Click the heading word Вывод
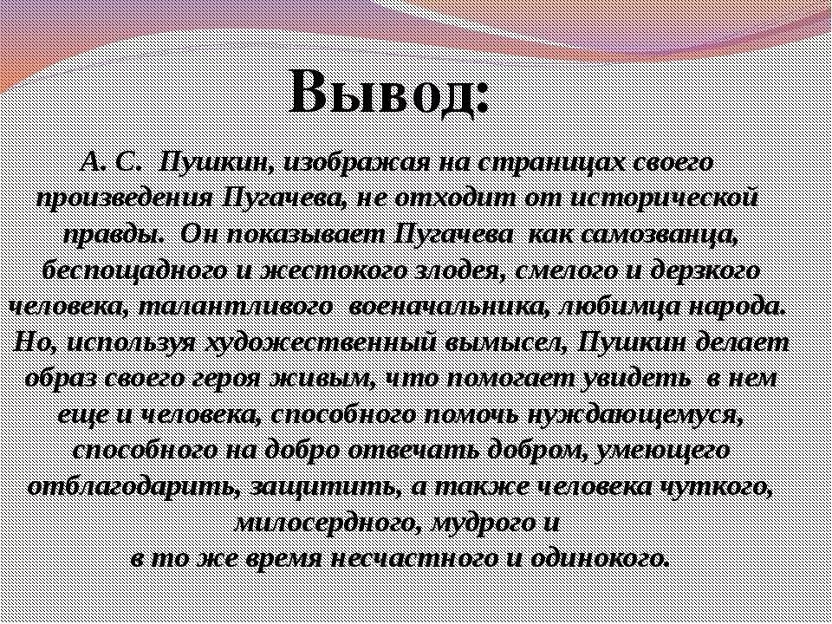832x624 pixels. (x=390, y=89)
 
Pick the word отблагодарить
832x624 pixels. (x=130, y=486)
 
